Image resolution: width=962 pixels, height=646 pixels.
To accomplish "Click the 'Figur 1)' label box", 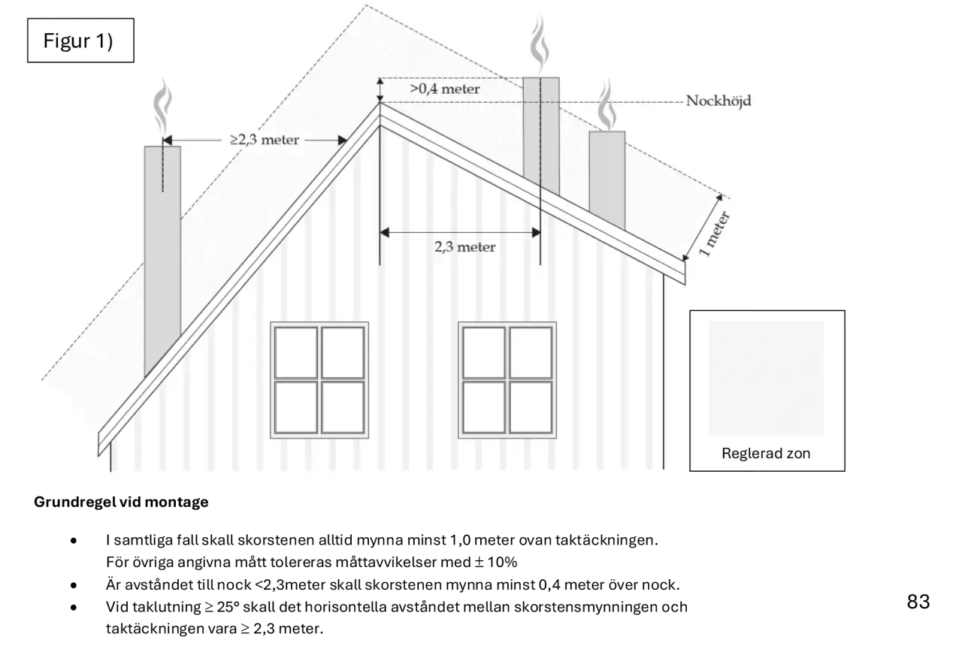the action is [80, 41].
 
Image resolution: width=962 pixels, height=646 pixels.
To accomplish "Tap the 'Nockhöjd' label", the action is [718, 101].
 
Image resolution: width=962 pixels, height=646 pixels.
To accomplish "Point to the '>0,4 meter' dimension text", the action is [444, 89].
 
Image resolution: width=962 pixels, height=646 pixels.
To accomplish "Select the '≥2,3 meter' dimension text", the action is [264, 140].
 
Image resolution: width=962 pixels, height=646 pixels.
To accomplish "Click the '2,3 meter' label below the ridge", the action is [464, 247].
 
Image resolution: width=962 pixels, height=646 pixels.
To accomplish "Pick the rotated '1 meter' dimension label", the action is [714, 234].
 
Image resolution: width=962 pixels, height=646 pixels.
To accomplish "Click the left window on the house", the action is [319, 380].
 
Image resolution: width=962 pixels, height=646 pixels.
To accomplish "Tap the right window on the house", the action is [507, 380].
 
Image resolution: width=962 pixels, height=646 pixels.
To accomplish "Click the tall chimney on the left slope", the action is [162, 258].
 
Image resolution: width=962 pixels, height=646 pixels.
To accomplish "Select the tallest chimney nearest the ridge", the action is [541, 135].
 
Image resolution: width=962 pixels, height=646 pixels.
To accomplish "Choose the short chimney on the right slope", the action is [607, 180].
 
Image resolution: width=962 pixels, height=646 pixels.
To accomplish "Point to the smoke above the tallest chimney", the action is [540, 43].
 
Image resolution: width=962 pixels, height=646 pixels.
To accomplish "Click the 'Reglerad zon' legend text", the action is [766, 453].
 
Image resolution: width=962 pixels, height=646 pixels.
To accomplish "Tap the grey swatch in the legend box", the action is [766, 379].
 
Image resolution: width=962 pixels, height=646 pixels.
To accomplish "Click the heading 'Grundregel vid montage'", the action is [121, 502].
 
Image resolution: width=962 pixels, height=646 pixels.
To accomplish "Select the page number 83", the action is [918, 602].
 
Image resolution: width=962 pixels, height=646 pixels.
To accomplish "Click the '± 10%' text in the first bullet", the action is [495, 562].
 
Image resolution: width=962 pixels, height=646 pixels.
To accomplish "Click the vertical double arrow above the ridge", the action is [380, 90].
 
